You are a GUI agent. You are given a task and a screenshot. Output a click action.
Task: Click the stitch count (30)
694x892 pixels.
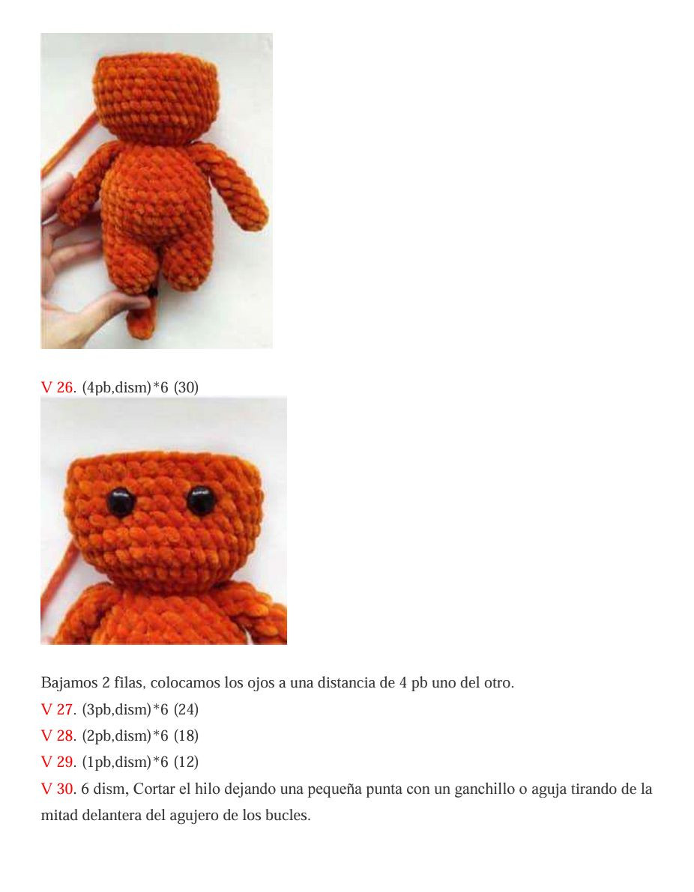(x=186, y=387)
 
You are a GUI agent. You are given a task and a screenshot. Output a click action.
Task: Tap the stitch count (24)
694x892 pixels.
(x=186, y=709)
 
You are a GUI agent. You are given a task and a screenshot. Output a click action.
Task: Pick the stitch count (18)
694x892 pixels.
(x=186, y=735)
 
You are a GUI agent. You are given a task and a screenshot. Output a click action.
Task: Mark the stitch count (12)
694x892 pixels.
(x=186, y=762)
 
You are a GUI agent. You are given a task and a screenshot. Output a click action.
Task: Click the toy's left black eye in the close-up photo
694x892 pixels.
(x=120, y=502)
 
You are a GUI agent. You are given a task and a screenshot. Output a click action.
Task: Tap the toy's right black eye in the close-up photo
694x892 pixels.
(x=201, y=500)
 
